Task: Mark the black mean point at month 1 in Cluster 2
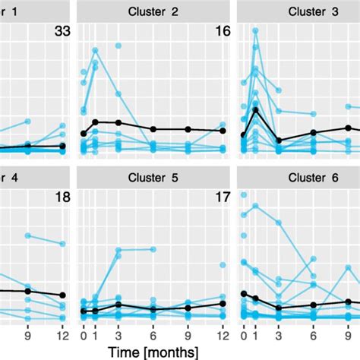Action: [x=95, y=122]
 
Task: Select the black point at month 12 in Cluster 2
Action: [x=223, y=131]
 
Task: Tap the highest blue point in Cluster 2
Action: [x=96, y=51]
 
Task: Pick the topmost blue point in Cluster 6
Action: [x=243, y=195]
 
